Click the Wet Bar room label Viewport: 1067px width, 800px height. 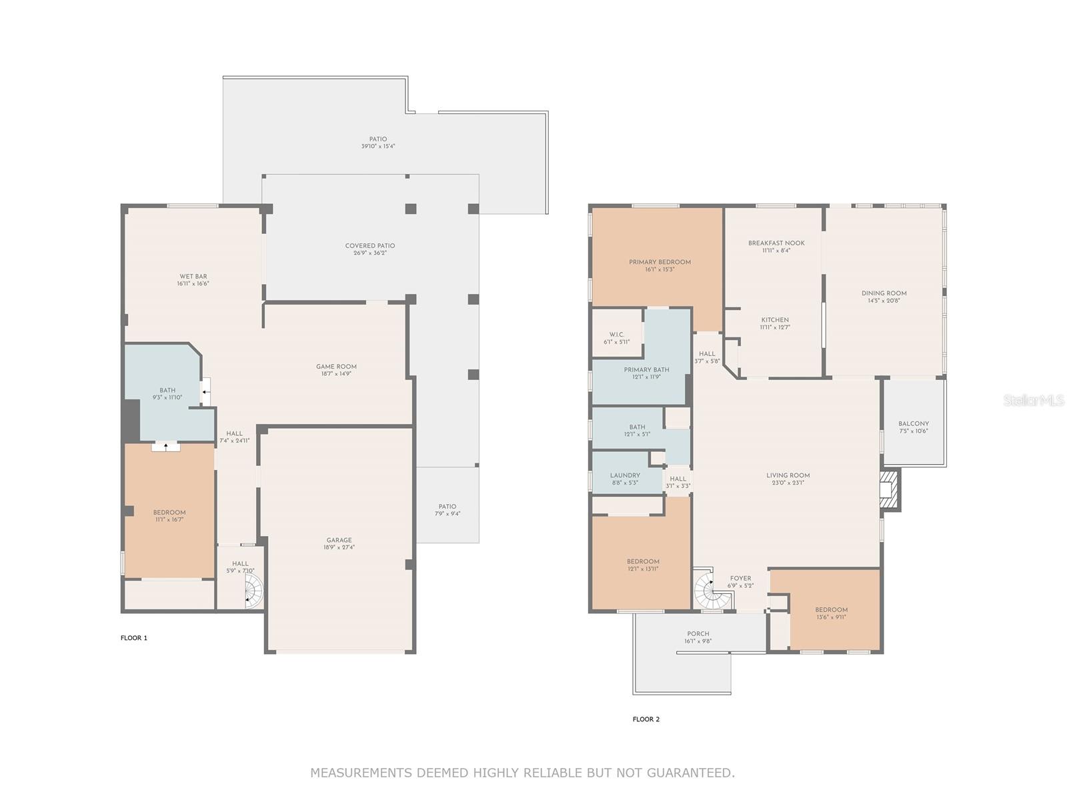pos(193,276)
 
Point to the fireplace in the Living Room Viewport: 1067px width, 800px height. pos(890,491)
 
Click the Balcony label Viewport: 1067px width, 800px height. pos(913,423)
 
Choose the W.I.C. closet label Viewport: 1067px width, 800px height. pos(617,335)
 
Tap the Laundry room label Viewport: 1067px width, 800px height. pos(625,475)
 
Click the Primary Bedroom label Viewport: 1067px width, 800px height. pos(660,262)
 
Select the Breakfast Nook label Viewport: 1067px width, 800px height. pos(776,243)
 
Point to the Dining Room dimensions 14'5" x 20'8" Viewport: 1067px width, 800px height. pos(884,301)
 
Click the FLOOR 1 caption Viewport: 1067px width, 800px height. pos(134,638)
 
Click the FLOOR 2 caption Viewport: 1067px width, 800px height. pos(646,719)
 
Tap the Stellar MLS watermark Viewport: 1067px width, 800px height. pos(1034,401)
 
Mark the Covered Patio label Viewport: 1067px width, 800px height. pos(370,246)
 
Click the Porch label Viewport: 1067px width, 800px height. pos(698,634)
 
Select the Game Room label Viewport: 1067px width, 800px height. pos(336,367)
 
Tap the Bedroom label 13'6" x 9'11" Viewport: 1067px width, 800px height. pos(831,610)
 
